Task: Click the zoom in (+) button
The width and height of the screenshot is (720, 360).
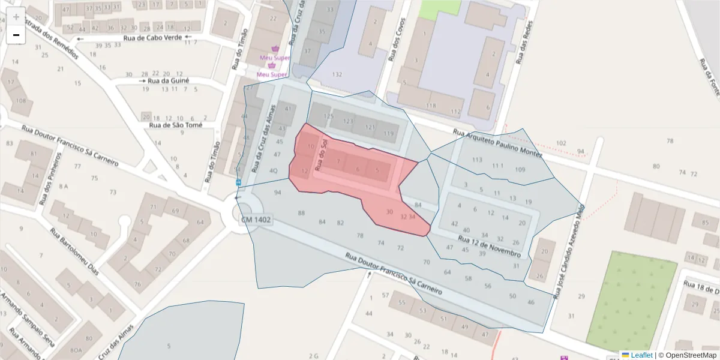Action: point(16,16)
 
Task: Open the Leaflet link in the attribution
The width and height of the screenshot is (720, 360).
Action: point(641,355)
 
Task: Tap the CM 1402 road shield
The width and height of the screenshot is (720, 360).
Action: point(256,220)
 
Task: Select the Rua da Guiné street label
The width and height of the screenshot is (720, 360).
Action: point(168,80)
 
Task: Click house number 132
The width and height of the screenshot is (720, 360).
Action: point(337,74)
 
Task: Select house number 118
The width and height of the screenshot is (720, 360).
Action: point(431,106)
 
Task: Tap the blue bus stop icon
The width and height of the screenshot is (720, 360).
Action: point(238,182)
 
